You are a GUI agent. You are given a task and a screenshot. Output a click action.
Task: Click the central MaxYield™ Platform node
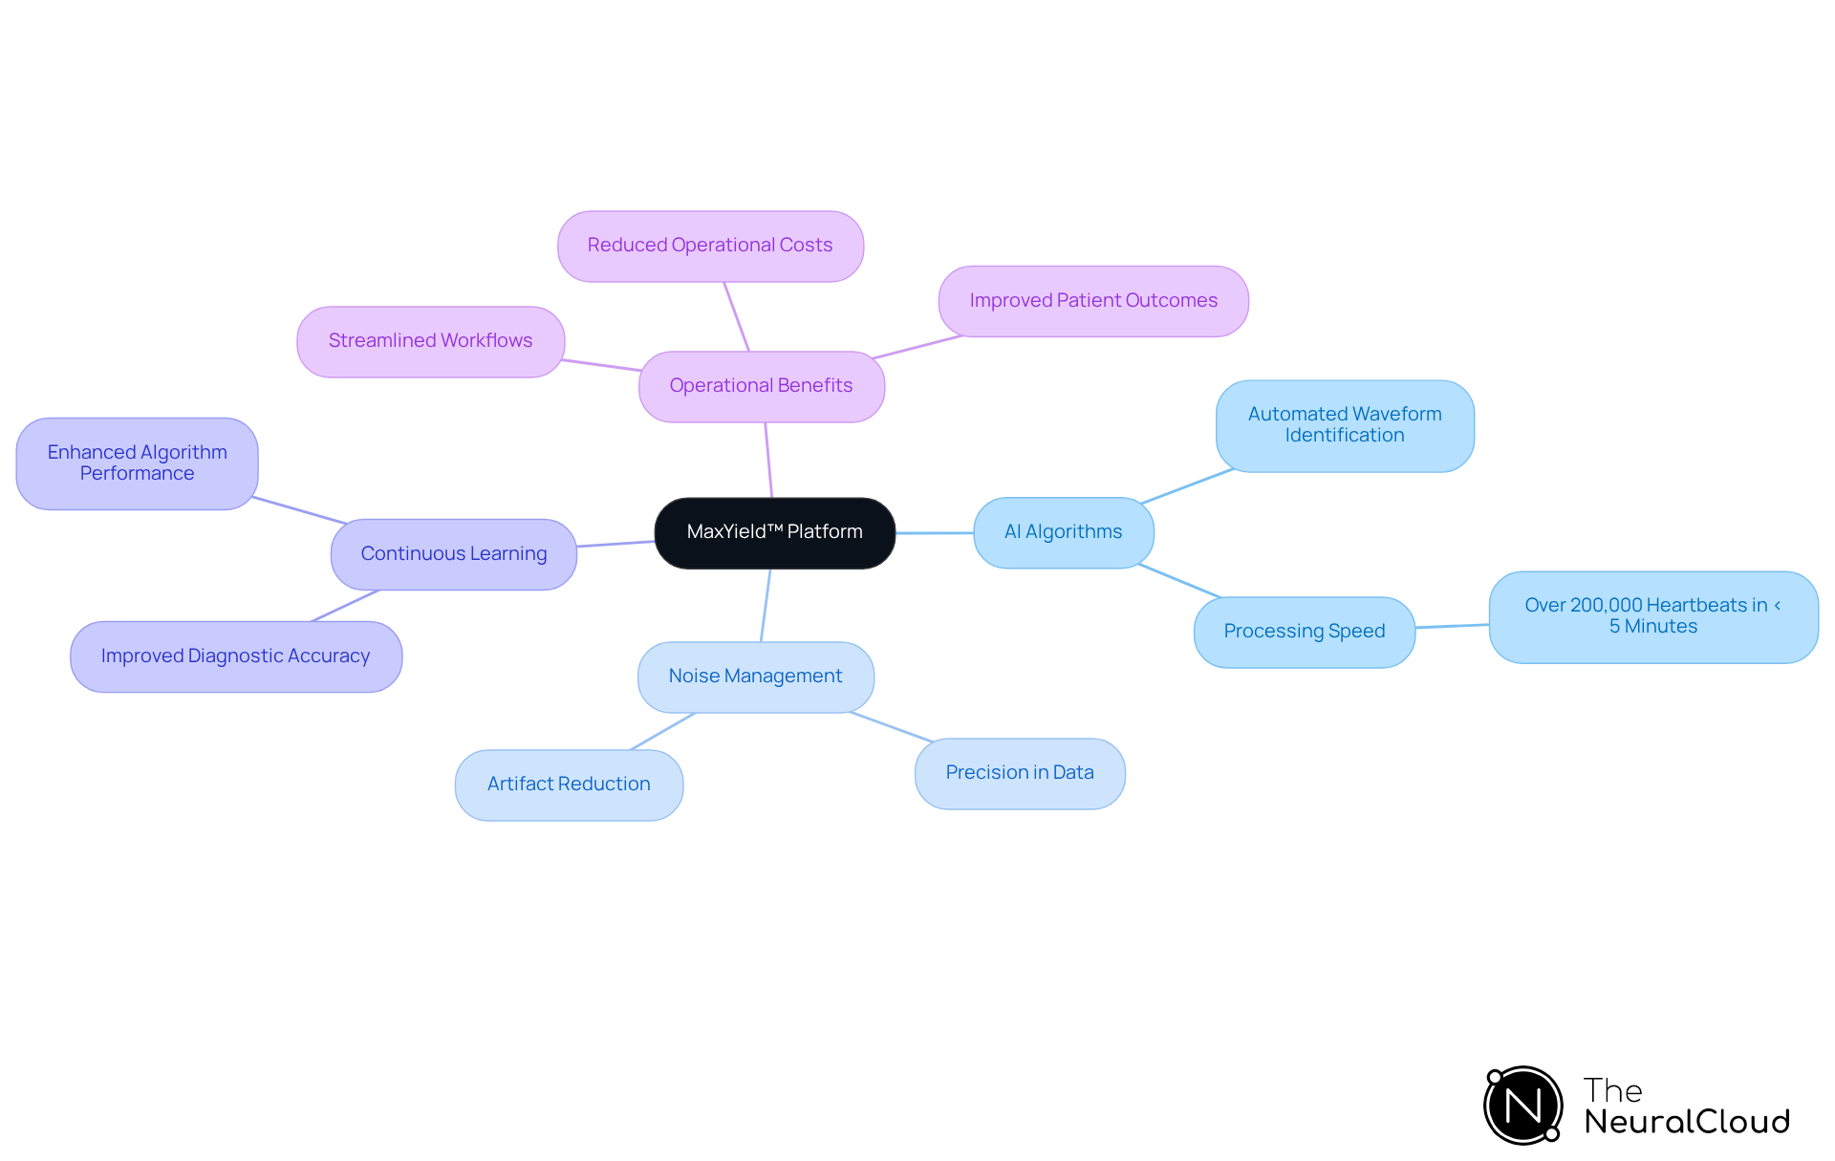pyautogui.click(x=774, y=532)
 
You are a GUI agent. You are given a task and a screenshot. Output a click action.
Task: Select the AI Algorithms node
pyautogui.click(x=1063, y=532)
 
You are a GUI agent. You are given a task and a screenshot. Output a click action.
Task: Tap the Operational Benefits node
pyautogui.click(x=761, y=386)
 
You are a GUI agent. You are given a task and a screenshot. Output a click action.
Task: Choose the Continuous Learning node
pyautogui.click(x=453, y=554)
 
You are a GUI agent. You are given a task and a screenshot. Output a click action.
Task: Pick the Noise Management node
pyautogui.click(x=755, y=677)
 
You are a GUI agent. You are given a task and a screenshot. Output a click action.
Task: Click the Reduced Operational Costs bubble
pyautogui.click(x=710, y=246)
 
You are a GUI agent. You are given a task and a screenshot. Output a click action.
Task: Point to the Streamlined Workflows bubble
pyautogui.click(x=430, y=341)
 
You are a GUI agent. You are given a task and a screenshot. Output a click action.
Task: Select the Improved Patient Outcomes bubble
pyautogui.click(x=1093, y=301)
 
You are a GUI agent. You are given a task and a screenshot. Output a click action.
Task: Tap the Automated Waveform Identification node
pyautogui.click(x=1344, y=425)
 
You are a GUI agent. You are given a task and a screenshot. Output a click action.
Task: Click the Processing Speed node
pyautogui.click(x=1304, y=632)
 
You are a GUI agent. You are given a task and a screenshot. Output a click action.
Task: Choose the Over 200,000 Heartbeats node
pyautogui.click(x=1652, y=616)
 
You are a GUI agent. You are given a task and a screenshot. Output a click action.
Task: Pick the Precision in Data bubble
pyautogui.click(x=1020, y=773)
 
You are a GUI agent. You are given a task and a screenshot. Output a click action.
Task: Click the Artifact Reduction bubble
pyautogui.click(x=569, y=785)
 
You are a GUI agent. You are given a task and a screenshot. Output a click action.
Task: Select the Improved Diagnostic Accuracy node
pyautogui.click(x=235, y=656)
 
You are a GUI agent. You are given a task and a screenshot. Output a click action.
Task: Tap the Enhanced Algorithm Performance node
pyautogui.click(x=137, y=463)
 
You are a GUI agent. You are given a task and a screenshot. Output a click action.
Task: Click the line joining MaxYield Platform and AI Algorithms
pyautogui.click(x=934, y=532)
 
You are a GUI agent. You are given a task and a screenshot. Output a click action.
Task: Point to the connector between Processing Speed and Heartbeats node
pyautogui.click(x=1452, y=626)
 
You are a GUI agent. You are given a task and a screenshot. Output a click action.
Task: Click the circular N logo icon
pyautogui.click(x=1522, y=1106)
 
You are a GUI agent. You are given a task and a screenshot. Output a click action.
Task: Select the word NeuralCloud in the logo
pyautogui.click(x=1687, y=1122)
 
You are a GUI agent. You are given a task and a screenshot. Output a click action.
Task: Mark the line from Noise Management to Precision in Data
pyautogui.click(x=891, y=726)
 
